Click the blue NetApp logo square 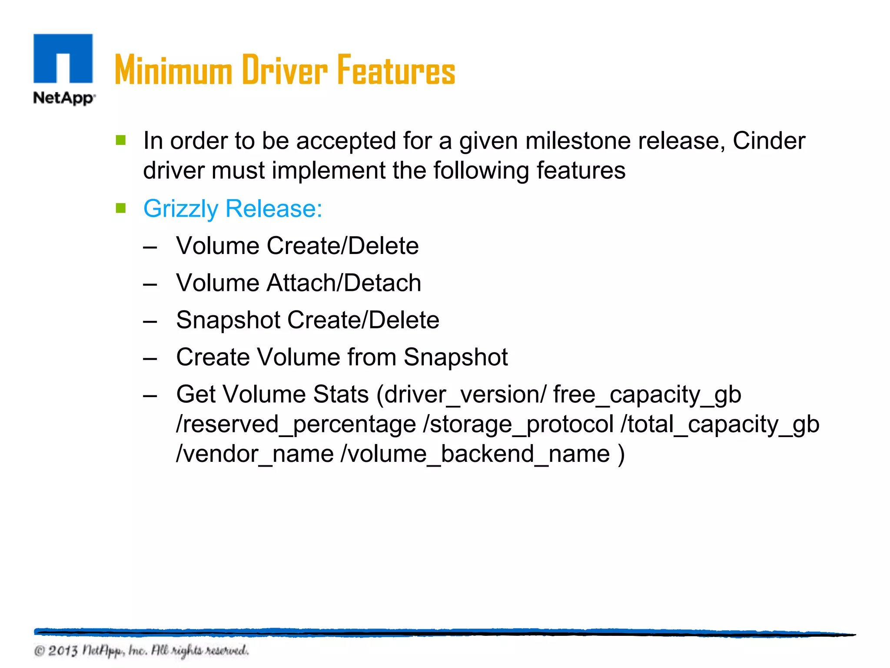click(x=63, y=58)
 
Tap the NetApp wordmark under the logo click(x=64, y=98)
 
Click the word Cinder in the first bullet click(x=769, y=141)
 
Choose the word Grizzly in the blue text click(x=181, y=209)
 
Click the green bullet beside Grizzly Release click(x=121, y=208)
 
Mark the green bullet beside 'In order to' click(x=121, y=140)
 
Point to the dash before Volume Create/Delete click(x=150, y=247)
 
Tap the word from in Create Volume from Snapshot click(x=372, y=357)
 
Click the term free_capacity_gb click(x=647, y=395)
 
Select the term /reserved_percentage click(x=296, y=424)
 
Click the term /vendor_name click(x=255, y=454)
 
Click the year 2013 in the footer click(x=63, y=651)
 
